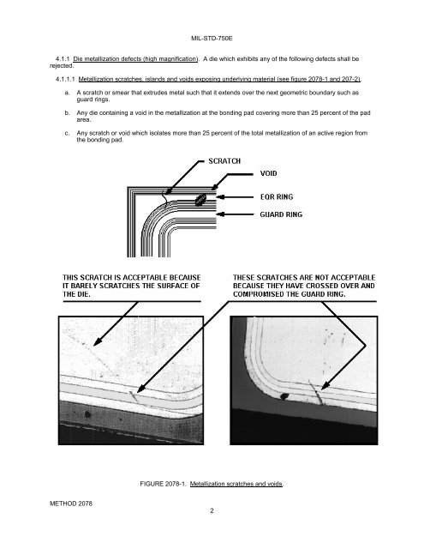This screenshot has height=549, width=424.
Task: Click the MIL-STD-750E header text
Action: (x=212, y=38)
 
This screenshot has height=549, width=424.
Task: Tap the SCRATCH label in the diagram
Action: (x=224, y=161)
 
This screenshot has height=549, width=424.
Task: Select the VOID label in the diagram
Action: (x=268, y=173)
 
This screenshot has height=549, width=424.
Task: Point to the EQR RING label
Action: (x=277, y=196)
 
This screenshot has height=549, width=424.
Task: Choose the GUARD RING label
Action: (x=281, y=214)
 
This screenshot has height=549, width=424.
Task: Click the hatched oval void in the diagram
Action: (x=200, y=200)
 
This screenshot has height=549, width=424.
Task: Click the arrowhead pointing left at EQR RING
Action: (x=220, y=197)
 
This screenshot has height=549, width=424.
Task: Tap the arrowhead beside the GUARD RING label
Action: (x=220, y=214)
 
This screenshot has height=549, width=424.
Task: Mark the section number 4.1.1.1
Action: (x=65, y=79)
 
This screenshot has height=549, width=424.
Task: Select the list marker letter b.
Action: (x=67, y=113)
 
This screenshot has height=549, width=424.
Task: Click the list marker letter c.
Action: (x=67, y=134)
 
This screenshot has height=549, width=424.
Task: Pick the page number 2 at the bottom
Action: (x=212, y=510)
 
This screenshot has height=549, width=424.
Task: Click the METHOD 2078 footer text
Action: (x=71, y=504)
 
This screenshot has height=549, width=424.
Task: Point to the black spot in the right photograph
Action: (x=284, y=396)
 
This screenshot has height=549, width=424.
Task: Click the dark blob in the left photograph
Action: (x=87, y=414)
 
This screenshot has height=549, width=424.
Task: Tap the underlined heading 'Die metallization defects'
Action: (x=135, y=59)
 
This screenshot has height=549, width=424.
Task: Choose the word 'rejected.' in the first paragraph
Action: (x=62, y=66)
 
